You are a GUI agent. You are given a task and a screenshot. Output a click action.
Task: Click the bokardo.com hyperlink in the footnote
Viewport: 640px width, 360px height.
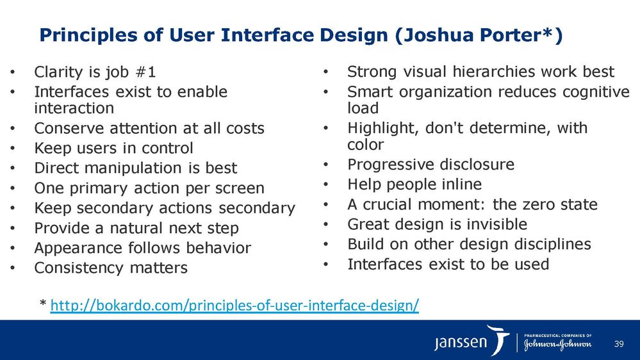[x=234, y=306]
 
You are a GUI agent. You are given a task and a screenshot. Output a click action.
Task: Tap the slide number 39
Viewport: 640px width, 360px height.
[x=618, y=345]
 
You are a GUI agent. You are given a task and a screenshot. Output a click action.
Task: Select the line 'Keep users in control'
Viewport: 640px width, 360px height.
[x=113, y=149]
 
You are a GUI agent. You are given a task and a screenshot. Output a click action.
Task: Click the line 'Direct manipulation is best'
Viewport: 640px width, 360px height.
[x=135, y=168]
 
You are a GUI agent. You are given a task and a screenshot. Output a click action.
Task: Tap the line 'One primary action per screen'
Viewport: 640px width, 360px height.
[x=149, y=188]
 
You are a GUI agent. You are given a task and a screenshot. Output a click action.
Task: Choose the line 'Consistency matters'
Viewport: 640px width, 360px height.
[x=111, y=268]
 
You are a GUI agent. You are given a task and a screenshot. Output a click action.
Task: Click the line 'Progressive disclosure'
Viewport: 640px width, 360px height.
[x=431, y=165]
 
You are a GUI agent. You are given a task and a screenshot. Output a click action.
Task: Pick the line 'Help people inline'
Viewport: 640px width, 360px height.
[x=414, y=184]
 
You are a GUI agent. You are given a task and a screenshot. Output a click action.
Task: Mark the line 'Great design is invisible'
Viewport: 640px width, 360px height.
[x=437, y=224]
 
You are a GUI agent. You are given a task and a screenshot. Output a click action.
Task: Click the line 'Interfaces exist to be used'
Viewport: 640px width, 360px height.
[x=448, y=264]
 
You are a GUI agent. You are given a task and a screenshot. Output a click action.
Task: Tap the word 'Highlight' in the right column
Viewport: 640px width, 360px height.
[x=379, y=128]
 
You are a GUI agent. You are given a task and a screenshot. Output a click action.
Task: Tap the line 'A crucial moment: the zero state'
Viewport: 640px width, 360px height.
[x=472, y=204]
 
